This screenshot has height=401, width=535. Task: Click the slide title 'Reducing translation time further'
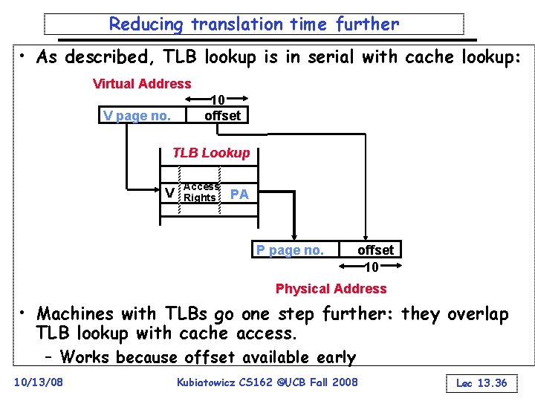(253, 24)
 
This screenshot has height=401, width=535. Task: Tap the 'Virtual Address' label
(141, 84)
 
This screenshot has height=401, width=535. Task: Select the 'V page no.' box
(137, 116)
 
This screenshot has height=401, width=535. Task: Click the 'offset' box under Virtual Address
(222, 116)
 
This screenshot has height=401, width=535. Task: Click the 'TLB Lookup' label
(211, 153)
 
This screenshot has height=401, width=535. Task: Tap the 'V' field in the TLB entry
(170, 193)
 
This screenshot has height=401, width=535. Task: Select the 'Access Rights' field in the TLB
(201, 192)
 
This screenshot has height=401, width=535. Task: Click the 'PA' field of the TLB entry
(239, 194)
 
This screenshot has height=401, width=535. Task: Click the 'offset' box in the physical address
(375, 250)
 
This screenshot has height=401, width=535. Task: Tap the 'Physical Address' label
(331, 289)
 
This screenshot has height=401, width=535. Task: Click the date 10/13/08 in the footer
(39, 382)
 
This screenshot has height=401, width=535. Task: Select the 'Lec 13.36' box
(481, 383)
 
